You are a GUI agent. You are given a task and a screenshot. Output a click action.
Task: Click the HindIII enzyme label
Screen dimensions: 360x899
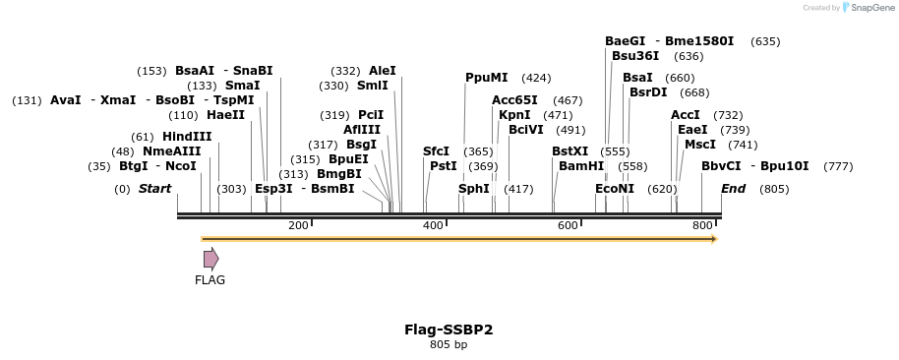click(187, 137)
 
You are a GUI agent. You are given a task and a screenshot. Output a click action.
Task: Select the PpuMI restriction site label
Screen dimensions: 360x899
click(487, 78)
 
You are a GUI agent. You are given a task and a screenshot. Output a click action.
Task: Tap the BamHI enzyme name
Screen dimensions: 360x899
click(581, 166)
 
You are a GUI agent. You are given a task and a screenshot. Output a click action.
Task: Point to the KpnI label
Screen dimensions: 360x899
click(514, 115)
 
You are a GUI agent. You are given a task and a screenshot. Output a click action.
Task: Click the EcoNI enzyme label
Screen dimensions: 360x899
click(615, 189)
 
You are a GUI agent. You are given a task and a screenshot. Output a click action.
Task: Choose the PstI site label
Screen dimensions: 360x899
click(444, 166)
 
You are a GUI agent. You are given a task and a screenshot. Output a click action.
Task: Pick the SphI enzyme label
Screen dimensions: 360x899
click(474, 189)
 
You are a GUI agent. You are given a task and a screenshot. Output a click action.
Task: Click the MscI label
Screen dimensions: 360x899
click(700, 145)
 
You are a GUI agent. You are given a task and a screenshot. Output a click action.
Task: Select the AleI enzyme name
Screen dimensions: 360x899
click(383, 71)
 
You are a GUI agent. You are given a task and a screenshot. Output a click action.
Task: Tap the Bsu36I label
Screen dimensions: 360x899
click(635, 56)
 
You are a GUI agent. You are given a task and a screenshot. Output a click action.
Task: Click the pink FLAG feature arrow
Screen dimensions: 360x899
click(210, 259)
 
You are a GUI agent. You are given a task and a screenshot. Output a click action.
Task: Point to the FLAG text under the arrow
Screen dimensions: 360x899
click(210, 280)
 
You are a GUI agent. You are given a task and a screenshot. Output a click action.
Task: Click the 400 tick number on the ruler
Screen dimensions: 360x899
click(433, 226)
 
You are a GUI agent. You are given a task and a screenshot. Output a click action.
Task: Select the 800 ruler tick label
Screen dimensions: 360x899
click(702, 226)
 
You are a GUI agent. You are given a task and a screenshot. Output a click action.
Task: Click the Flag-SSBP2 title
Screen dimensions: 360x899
click(449, 330)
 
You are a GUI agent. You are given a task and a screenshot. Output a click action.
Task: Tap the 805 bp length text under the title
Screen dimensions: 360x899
click(449, 344)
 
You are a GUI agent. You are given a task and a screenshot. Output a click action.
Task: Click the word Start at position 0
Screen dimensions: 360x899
click(154, 189)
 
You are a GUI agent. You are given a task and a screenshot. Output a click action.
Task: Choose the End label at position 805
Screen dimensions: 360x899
click(733, 189)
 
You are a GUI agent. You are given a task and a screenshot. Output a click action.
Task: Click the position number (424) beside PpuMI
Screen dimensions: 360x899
click(536, 78)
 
